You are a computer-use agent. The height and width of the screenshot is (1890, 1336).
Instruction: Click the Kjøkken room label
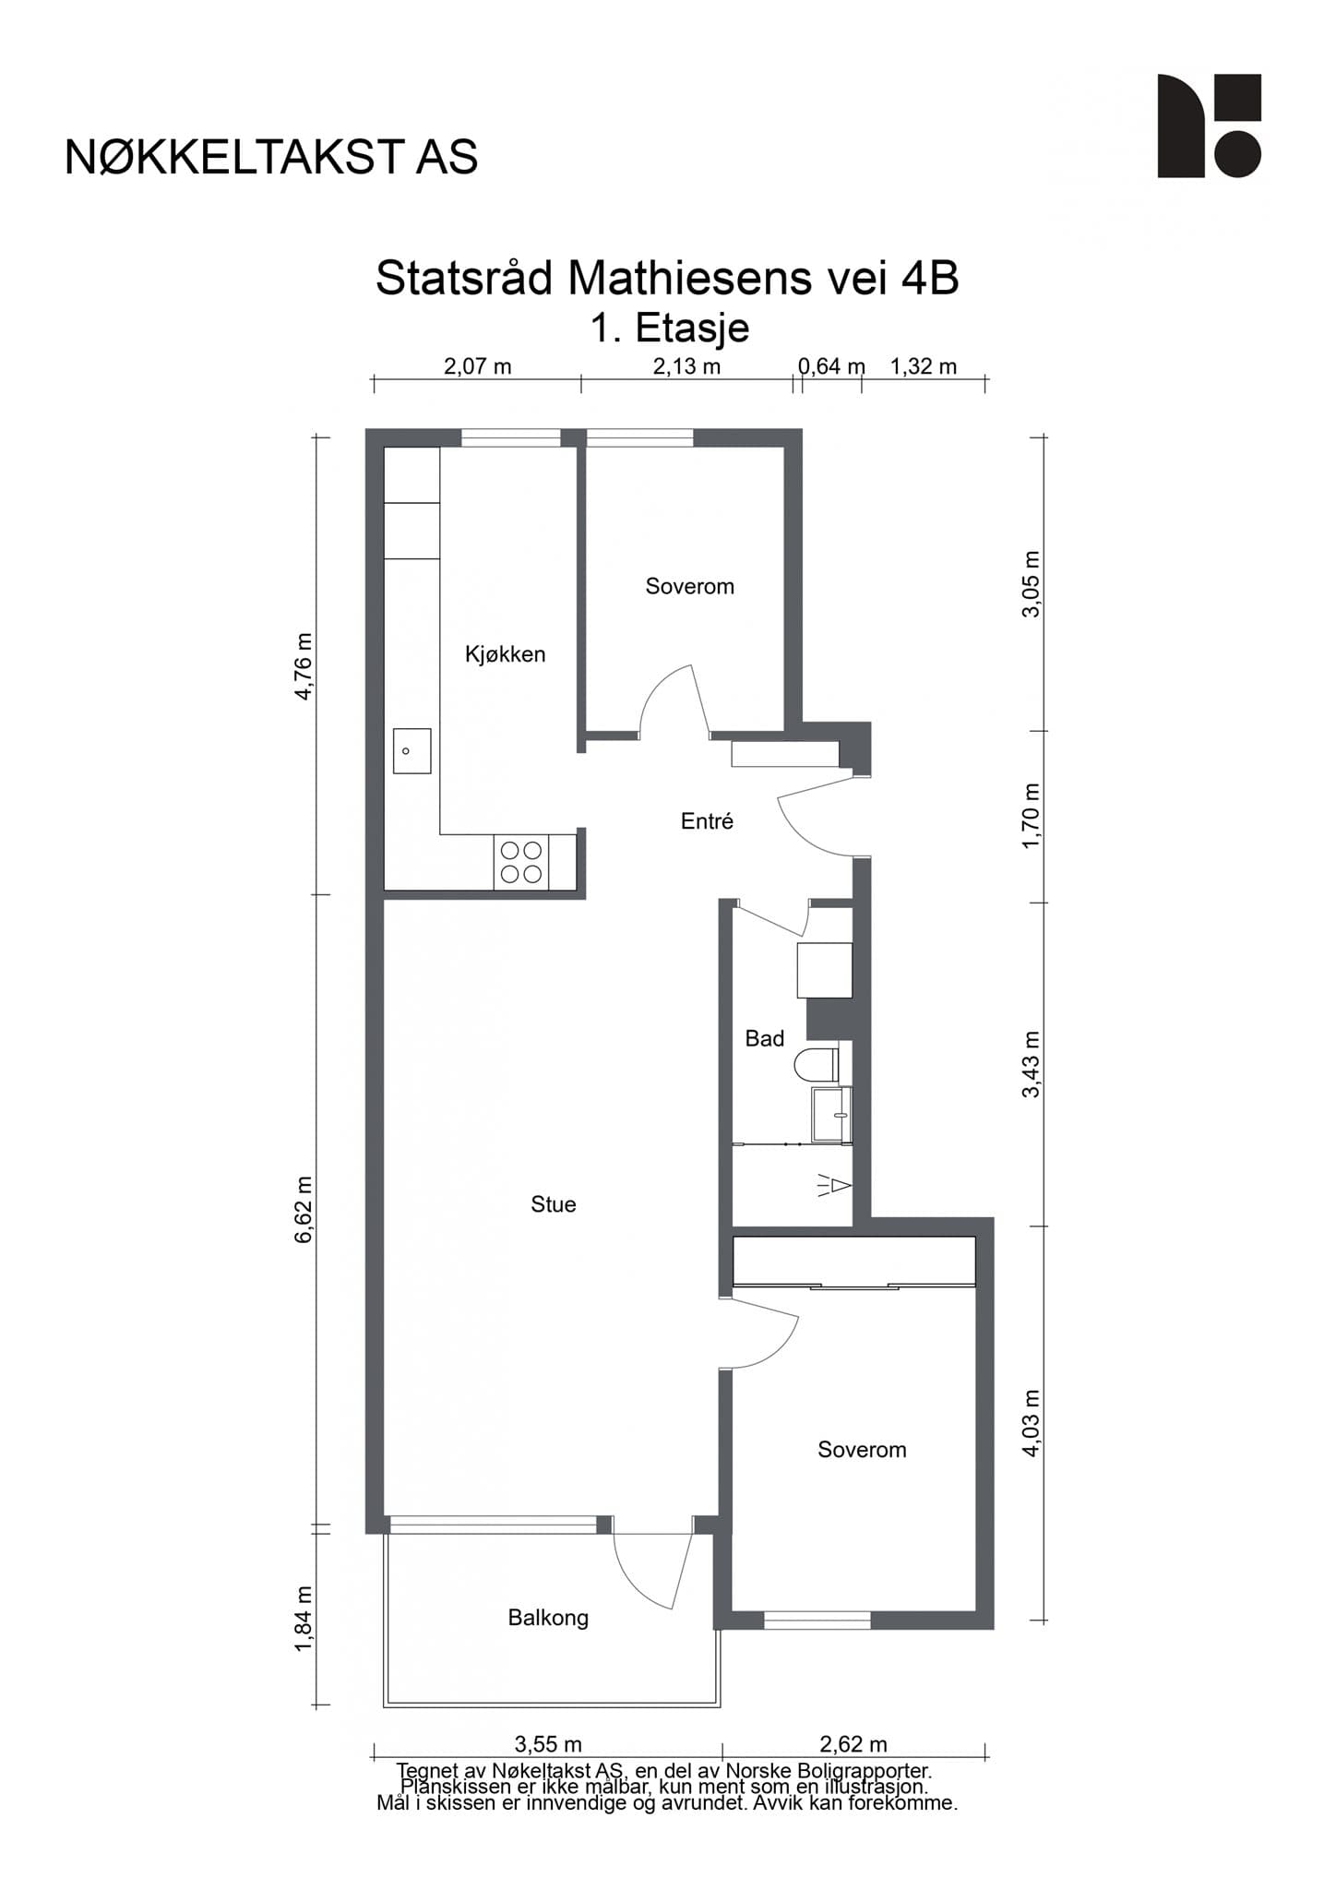point(505,654)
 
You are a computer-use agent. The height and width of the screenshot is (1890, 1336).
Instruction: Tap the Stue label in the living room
point(553,1204)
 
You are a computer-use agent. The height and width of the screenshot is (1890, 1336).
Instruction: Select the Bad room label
point(764,1039)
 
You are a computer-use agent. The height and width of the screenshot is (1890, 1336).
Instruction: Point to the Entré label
point(707,821)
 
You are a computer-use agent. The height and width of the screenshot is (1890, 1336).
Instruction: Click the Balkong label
point(548,1618)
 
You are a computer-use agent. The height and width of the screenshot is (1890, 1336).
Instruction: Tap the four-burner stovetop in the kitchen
point(521,862)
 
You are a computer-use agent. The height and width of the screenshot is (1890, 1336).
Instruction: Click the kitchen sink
point(412,750)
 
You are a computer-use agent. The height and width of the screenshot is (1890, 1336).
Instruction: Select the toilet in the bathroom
point(817,1065)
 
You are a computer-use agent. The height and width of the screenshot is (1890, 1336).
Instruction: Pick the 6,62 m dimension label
point(304,1210)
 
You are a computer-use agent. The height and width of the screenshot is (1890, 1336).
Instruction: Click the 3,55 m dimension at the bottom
point(548,1744)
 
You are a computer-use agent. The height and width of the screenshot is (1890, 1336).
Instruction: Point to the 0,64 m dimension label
point(831,366)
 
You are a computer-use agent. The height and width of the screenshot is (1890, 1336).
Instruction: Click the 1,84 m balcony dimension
point(304,1620)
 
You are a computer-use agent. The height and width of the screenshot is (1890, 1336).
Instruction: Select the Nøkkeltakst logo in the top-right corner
point(1209,126)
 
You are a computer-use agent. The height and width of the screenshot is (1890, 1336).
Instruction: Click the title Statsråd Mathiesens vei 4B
point(667,279)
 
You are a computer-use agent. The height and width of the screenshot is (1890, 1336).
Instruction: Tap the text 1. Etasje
point(670,329)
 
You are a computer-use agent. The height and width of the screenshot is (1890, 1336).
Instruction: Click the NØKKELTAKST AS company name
point(271,158)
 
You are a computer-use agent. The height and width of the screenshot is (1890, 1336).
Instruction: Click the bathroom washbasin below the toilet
point(831,1114)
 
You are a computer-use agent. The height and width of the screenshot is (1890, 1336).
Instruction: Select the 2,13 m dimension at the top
point(686,366)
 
